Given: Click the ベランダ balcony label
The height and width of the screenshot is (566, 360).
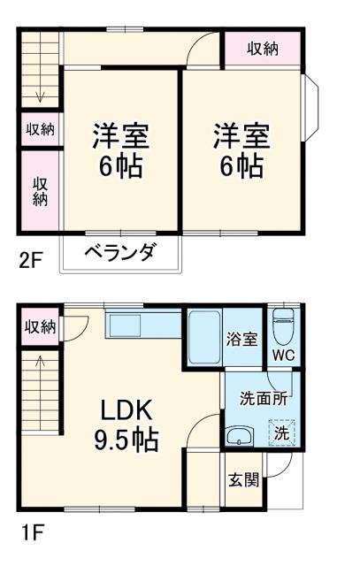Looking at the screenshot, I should (120, 252).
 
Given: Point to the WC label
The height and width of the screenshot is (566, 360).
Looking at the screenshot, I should (283, 356).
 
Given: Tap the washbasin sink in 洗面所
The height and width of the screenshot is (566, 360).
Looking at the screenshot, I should (239, 436).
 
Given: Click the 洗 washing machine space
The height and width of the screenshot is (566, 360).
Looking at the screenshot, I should (280, 432).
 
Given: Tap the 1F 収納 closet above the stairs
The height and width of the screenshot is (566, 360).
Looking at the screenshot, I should (40, 326).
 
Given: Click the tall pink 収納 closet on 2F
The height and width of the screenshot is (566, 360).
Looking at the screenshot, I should (40, 191).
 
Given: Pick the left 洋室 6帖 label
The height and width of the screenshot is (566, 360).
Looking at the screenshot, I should (121, 151).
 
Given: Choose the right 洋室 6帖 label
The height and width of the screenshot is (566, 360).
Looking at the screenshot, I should (240, 151).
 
